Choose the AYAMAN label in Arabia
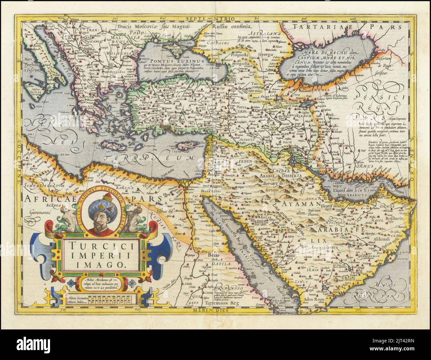click(295, 203)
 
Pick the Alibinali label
click(381, 238)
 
